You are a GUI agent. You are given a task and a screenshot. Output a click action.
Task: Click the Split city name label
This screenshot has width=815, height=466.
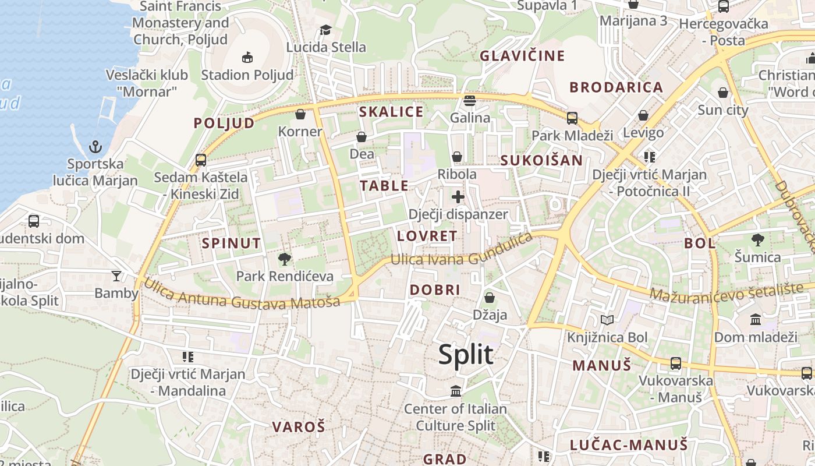click(466, 355)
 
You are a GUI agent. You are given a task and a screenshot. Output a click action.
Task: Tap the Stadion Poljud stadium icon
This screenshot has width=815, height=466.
click(247, 57)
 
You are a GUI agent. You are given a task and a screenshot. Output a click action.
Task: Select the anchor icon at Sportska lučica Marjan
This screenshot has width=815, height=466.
click(95, 147)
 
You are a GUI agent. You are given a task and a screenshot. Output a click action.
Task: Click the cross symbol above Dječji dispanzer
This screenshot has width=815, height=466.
click(458, 197)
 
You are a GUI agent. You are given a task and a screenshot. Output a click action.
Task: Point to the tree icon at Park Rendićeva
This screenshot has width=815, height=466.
click(285, 259)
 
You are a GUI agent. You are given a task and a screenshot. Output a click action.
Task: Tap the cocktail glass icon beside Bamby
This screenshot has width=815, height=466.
click(116, 276)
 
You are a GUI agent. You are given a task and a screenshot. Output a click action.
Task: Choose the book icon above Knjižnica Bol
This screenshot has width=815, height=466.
click(607, 320)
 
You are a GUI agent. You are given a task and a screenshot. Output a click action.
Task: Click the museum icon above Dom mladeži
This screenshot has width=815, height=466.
click(756, 319)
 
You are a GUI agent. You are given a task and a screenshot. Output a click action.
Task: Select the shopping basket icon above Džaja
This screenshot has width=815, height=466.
click(490, 298)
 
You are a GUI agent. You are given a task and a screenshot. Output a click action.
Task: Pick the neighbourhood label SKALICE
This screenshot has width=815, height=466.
click(391, 112)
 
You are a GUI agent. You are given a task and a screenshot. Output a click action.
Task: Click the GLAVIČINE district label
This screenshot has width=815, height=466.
click(522, 56)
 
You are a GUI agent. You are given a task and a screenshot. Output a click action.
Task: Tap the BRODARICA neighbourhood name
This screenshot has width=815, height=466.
click(616, 87)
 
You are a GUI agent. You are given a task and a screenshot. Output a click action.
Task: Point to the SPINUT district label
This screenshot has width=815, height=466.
click(231, 243)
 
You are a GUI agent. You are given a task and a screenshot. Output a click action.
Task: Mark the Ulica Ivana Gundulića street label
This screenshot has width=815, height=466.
click(461, 252)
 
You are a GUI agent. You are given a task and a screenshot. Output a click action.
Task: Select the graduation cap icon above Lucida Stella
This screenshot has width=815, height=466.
click(325, 30)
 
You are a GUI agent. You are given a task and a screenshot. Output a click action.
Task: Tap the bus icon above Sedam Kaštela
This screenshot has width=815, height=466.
click(201, 160)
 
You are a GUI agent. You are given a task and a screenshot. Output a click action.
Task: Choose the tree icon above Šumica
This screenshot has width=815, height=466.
click(757, 239)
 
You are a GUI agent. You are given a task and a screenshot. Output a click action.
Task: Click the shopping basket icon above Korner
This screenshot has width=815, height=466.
click(300, 114)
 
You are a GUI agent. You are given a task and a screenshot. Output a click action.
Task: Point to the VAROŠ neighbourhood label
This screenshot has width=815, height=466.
click(298, 426)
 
